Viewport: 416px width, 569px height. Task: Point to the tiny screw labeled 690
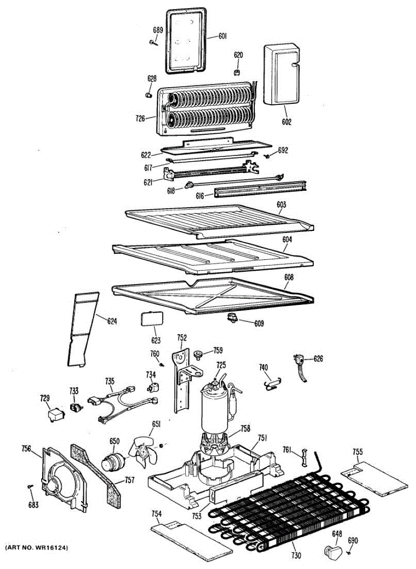[x=349, y=551]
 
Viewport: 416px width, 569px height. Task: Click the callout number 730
[x=296, y=556]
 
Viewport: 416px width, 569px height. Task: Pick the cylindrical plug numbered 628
[x=148, y=95]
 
